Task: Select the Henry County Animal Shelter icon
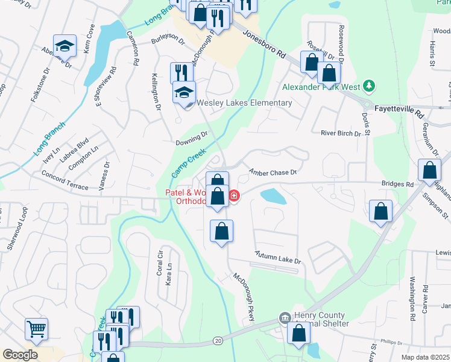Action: point(284,317)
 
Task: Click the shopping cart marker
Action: point(36,329)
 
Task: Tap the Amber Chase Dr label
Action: point(274,173)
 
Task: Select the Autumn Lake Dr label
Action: point(277,256)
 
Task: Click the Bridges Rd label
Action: point(397,184)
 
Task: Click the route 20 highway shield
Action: point(217,341)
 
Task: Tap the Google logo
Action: point(19,355)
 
